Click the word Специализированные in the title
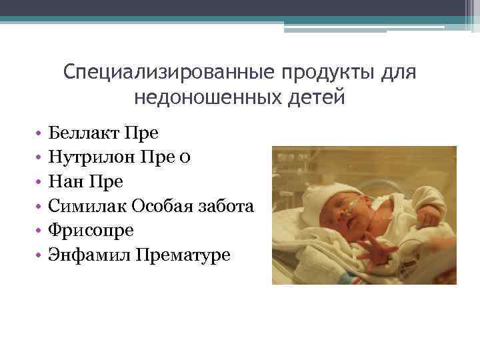pyautogui.click(x=171, y=71)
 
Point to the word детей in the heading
pyautogui.click(x=317, y=98)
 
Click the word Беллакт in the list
pyautogui.click(x=83, y=133)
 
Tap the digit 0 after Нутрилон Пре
pyautogui.click(x=185, y=157)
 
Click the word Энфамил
pyautogui.click(x=88, y=255)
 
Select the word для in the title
pyautogui.click(x=399, y=71)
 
